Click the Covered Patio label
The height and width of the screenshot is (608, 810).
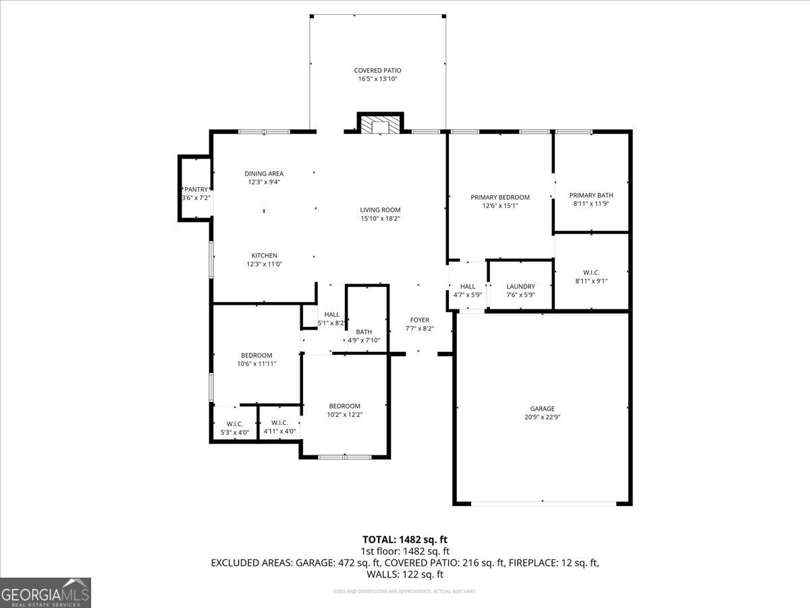click(x=377, y=70)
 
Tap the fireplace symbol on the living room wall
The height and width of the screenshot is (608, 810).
click(x=380, y=126)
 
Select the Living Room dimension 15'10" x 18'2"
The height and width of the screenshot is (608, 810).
click(x=380, y=218)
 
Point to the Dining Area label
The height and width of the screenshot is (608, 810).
click(x=264, y=174)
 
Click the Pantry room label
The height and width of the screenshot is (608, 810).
click(x=196, y=190)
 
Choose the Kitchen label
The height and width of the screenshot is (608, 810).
click(x=264, y=255)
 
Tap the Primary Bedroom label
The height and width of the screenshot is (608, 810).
click(x=500, y=197)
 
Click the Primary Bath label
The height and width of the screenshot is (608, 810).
click(x=591, y=195)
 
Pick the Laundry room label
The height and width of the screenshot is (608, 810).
click(x=520, y=286)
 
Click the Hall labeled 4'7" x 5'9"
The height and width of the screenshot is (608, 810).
click(x=468, y=290)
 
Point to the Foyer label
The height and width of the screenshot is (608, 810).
click(x=419, y=320)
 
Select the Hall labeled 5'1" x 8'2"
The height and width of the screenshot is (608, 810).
click(x=331, y=319)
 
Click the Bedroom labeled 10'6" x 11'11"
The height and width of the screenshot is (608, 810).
click(x=256, y=359)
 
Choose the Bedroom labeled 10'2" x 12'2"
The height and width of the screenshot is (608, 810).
click(x=344, y=410)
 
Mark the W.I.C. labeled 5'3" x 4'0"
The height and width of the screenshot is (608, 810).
click(x=234, y=428)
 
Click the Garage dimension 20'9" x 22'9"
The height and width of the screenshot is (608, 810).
click(x=542, y=417)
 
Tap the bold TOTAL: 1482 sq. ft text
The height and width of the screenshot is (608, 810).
click(x=405, y=539)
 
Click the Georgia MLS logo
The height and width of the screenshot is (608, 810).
click(x=45, y=592)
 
